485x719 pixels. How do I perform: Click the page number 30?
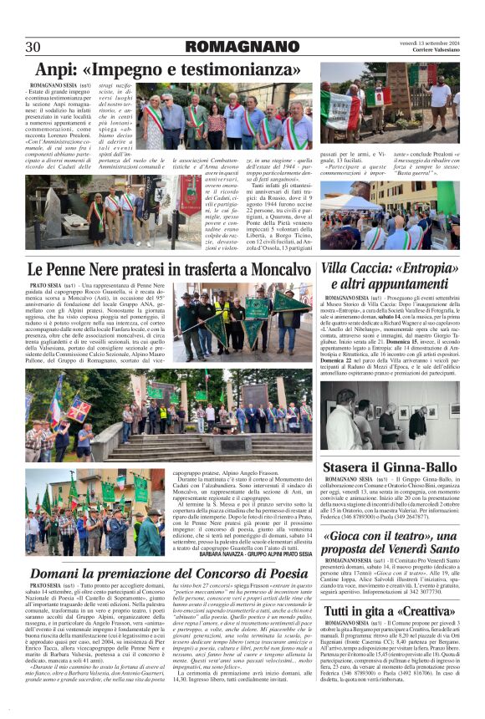[x=33, y=46]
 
